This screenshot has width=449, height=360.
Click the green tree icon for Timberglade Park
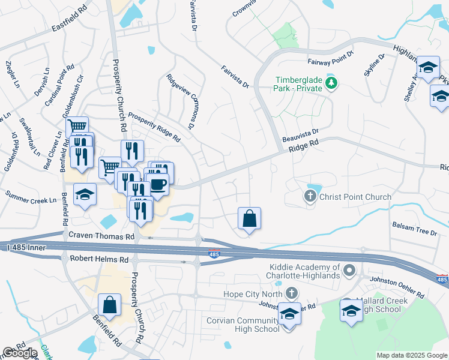pyautogui.click(x=330, y=82)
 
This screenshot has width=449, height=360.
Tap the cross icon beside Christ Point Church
pyautogui.click(x=310, y=196)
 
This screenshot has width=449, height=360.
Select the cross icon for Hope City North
pyautogui.click(x=292, y=293)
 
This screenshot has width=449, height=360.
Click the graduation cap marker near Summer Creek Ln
pyautogui.click(x=85, y=194)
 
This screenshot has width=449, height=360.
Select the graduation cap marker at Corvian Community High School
pyautogui.click(x=289, y=314)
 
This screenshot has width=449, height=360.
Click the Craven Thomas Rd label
pyautogui.click(x=101, y=236)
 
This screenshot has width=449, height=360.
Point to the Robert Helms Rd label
pyautogui.click(x=99, y=260)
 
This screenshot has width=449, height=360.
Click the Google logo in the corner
pyautogui.click(x=20, y=353)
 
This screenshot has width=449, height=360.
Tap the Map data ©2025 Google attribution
pyautogui.click(x=411, y=355)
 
